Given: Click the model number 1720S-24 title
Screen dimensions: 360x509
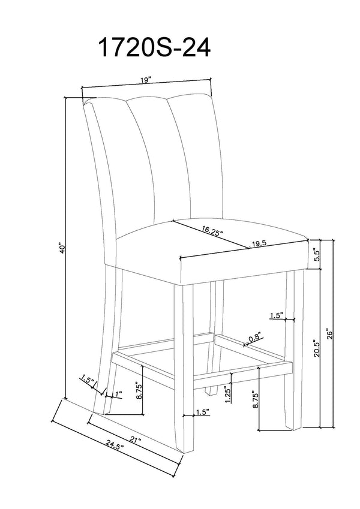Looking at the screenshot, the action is coord(154,47).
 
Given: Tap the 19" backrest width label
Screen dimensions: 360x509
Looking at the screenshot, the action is coord(146,80).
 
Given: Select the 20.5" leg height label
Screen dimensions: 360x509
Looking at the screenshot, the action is coord(317,348).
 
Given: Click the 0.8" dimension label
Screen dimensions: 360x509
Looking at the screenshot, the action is coord(255,338).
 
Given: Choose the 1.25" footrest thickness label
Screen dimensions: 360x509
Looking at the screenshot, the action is coord(228,394).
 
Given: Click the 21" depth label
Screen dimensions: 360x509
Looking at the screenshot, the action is coord(135,440).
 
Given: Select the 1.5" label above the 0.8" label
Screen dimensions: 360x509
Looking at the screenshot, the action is coord(277,315).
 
